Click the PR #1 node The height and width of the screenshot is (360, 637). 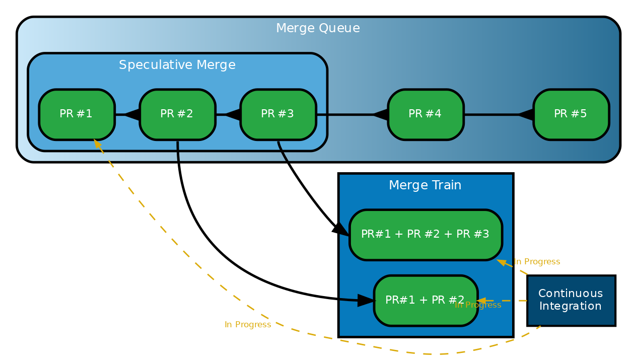(77, 114)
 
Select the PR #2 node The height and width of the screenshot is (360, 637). (177, 114)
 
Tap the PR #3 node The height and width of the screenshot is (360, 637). (278, 114)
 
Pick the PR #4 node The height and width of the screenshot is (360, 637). (426, 114)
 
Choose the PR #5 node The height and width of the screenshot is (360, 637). (571, 114)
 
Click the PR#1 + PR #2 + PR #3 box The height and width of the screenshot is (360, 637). (426, 235)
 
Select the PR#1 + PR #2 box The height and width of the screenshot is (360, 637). (426, 301)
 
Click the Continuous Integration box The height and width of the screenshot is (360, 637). (571, 301)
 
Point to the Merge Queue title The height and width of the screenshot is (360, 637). (318, 29)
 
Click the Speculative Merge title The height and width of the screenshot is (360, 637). (177, 65)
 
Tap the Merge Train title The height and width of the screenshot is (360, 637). (425, 185)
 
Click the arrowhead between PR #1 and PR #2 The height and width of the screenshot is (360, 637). (132, 115)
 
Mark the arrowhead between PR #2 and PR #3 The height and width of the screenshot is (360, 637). (233, 115)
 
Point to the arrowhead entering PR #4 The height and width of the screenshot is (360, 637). (380, 115)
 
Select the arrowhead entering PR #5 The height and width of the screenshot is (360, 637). (526, 115)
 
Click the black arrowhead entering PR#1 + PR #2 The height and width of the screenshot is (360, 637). (366, 301)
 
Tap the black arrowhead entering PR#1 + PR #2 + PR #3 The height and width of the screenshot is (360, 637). (340, 229)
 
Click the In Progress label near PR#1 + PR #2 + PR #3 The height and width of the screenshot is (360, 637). (537, 262)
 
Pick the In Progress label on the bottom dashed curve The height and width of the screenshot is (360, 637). (248, 325)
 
